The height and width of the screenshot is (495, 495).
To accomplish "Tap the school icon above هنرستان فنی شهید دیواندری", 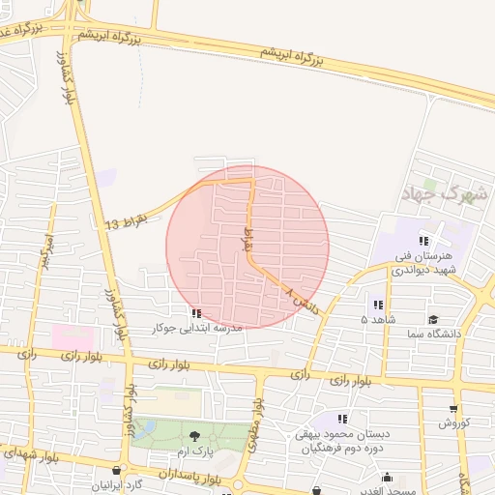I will click(422, 240).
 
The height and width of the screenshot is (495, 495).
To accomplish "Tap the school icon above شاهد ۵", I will click(377, 305).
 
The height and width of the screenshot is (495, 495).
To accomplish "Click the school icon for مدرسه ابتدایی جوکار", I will click(197, 312).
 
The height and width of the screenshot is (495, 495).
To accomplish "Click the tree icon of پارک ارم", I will click(194, 436).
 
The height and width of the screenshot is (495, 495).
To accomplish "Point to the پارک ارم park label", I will click(194, 451).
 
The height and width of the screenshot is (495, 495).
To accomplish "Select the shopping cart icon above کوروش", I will click(453, 408).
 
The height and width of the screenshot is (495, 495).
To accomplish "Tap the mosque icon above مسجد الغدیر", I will click(388, 477).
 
